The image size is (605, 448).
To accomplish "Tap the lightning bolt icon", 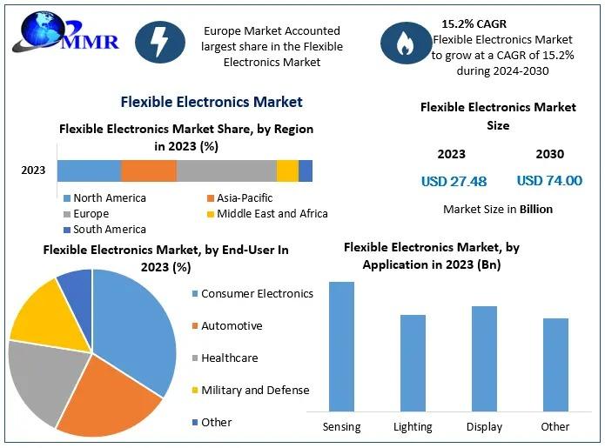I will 159,42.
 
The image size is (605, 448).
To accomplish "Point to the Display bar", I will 484,358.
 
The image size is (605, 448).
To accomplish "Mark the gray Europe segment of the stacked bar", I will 226,171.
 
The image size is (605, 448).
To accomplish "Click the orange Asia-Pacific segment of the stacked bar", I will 148,171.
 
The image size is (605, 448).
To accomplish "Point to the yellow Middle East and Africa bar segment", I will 287,171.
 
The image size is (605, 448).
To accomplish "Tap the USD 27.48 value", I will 454,181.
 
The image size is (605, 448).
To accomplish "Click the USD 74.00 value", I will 549,180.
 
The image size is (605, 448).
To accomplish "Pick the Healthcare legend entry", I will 228,358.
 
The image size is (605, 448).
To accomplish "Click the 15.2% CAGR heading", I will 474,23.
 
